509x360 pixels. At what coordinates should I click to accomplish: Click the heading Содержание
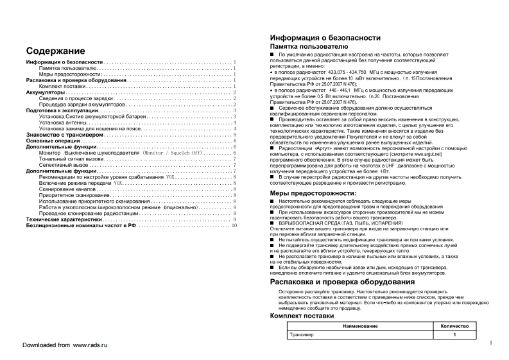point(56,51)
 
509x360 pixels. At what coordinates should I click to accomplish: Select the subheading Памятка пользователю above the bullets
point(309,47)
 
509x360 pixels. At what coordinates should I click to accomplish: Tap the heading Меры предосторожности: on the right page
point(313,193)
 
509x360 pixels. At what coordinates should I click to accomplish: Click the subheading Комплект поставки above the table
point(302,316)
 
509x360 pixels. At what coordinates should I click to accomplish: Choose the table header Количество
point(454,326)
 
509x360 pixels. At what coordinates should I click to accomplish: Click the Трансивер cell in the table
point(302,334)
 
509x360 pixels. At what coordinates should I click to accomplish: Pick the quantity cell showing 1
point(454,334)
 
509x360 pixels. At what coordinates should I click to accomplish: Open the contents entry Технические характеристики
point(64,219)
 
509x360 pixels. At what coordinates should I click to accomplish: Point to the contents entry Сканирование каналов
point(67,190)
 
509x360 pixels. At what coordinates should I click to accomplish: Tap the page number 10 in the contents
point(234,225)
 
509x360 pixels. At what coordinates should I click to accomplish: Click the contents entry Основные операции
point(53,141)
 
